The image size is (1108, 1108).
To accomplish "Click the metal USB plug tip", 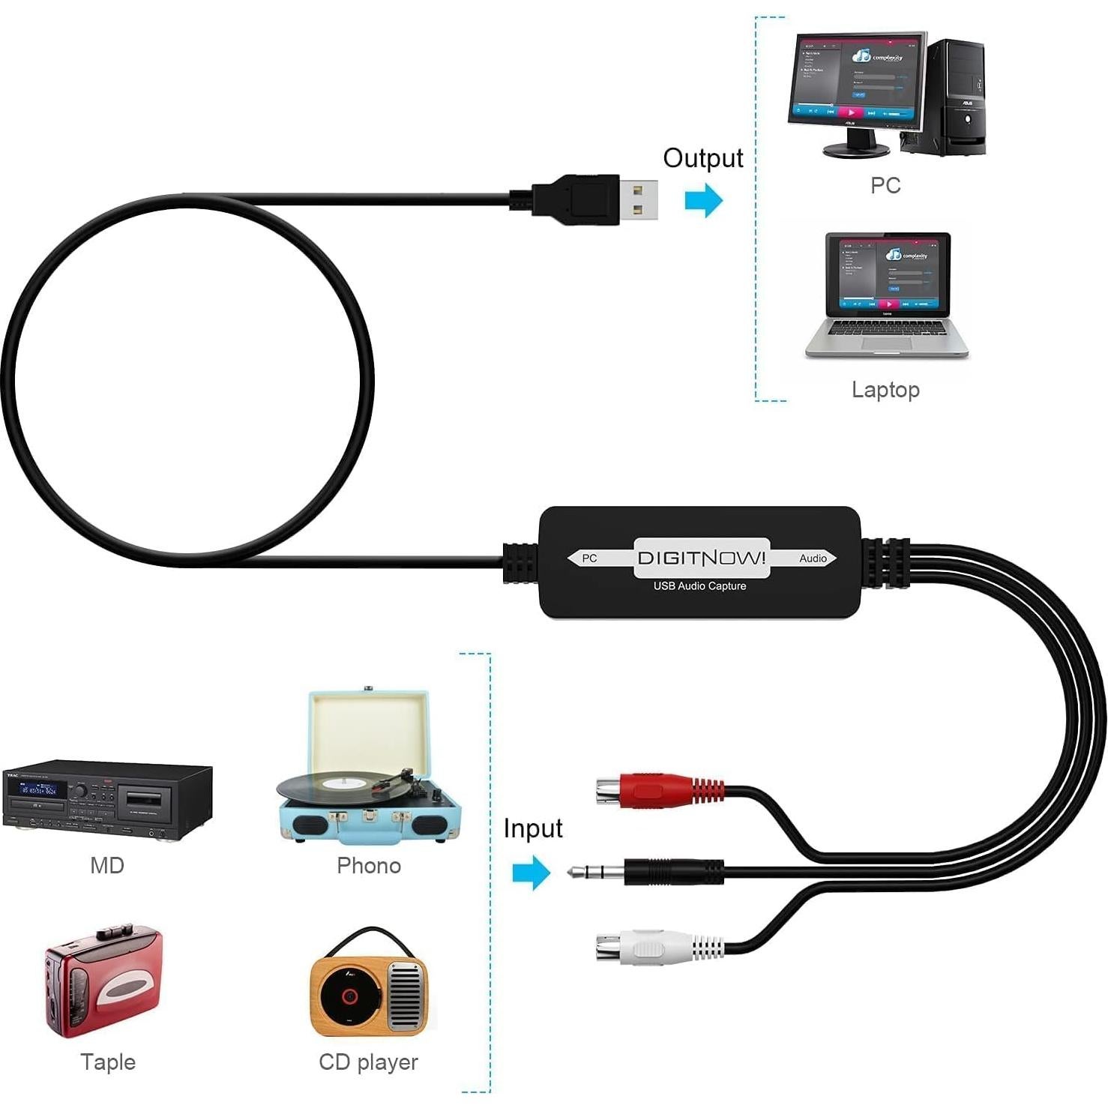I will coord(639,199).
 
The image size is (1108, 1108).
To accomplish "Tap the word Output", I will coord(702,158).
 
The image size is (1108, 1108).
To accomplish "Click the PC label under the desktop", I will coord(885,185).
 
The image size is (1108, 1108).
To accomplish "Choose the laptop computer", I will coord(888,295).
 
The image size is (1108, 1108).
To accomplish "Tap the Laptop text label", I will coord(885,390).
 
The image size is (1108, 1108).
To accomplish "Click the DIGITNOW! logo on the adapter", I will coord(702,558).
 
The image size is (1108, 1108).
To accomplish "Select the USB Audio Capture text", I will coord(699,586).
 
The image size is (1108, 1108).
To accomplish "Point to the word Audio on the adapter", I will coord(813,558).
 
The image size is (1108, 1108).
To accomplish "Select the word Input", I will coord(532,828).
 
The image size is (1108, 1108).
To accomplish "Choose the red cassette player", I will coord(103,981).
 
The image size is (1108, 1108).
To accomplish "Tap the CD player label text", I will coord(368,1062).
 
